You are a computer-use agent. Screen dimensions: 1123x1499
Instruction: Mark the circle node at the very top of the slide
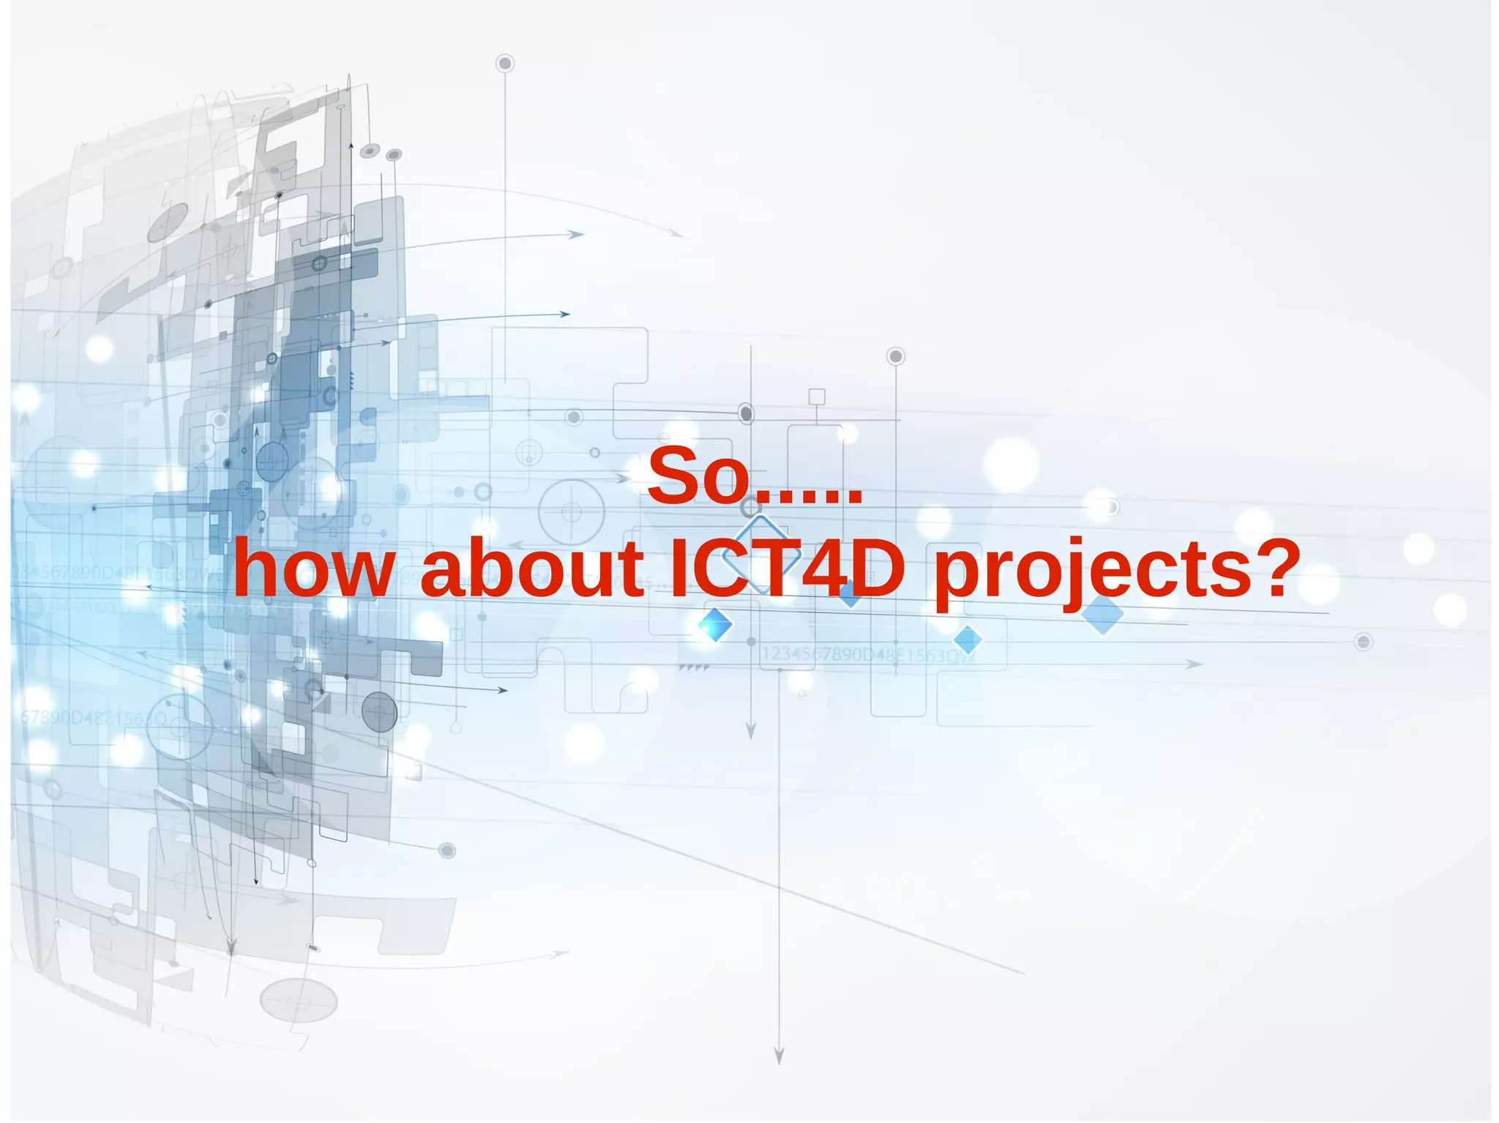504,64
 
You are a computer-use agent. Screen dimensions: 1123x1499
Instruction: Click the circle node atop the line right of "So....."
895,356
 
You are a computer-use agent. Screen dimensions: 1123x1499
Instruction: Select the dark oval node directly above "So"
746,413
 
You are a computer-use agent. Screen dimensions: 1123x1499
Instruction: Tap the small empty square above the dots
817,397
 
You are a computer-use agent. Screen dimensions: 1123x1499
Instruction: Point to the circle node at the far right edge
1363,642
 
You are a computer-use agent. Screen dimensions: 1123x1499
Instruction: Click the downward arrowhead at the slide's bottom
779,1055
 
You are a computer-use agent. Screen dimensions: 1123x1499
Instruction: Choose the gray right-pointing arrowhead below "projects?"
1193,664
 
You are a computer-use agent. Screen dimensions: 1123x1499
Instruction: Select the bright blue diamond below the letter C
715,624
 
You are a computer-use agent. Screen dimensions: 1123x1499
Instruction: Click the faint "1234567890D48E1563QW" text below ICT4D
869,654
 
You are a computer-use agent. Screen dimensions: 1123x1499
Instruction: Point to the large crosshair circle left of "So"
571,511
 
